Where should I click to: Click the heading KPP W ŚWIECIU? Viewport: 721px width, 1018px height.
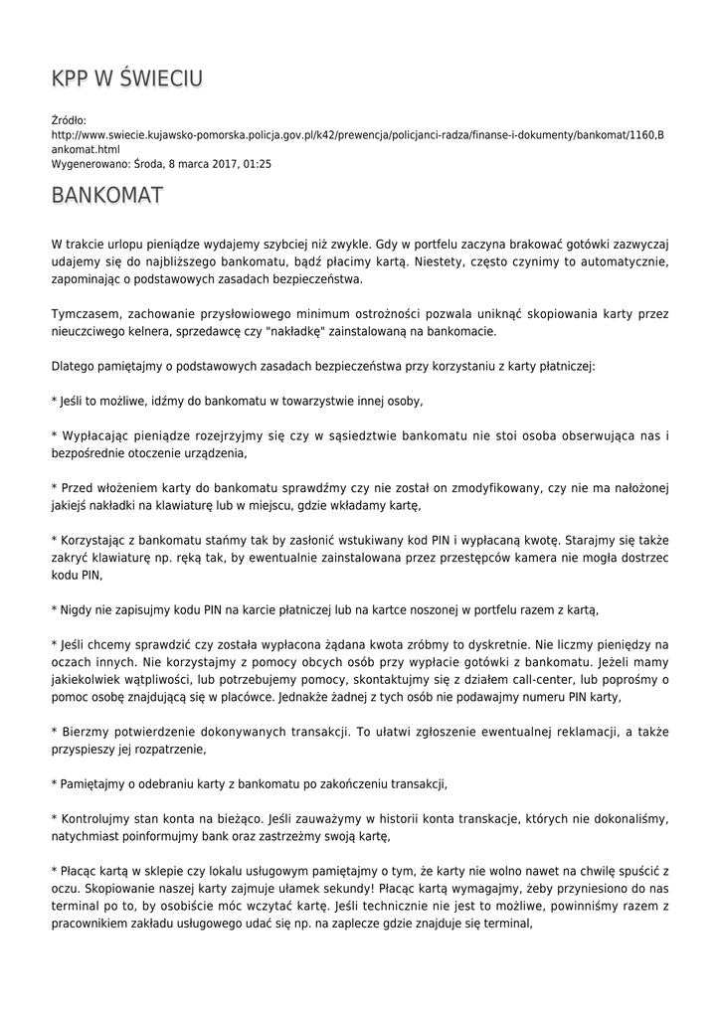tap(127, 79)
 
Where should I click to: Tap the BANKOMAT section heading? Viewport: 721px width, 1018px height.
tap(106, 195)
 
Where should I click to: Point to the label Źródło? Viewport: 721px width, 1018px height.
tap(69, 119)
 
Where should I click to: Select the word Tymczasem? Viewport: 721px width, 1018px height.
tap(86, 313)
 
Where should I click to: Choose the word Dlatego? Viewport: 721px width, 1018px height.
tap(72, 366)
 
